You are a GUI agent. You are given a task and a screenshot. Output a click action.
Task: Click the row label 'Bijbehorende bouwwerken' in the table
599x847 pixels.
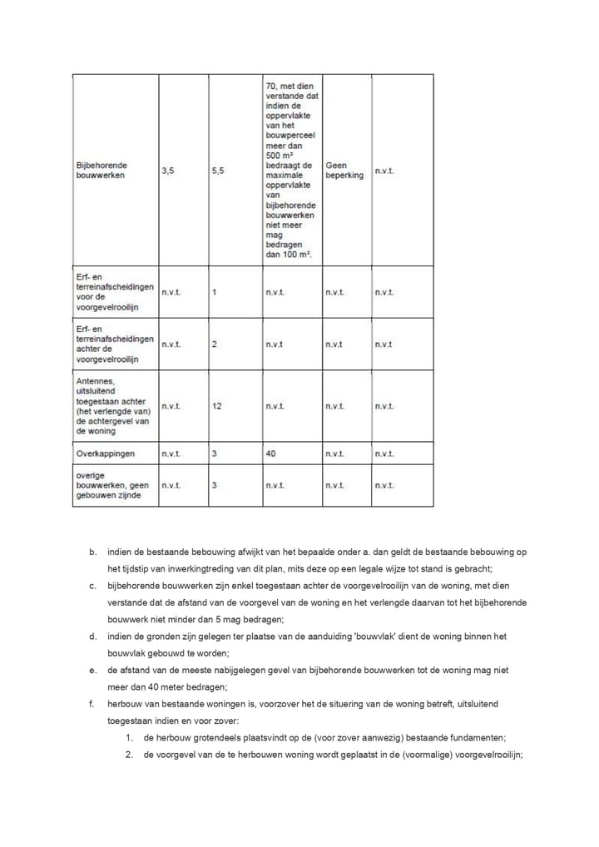[102, 171]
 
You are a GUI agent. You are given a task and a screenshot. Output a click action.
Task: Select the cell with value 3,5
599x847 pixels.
[168, 171]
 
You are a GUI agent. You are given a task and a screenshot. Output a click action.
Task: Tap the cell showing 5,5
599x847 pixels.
[218, 171]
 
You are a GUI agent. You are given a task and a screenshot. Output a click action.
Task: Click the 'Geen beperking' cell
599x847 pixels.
[344, 171]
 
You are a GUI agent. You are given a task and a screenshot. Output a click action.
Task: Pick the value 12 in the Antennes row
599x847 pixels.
[217, 406]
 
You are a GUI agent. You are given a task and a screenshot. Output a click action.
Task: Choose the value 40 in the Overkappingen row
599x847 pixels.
[271, 454]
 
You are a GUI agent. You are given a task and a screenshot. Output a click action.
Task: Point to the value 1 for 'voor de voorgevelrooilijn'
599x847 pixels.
[215, 293]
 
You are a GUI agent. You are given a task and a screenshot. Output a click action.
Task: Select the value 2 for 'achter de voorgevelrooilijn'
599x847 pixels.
[215, 344]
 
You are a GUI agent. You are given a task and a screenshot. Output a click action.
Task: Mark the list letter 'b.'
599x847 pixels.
[92, 552]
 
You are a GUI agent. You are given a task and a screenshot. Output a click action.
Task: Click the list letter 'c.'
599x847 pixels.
[92, 586]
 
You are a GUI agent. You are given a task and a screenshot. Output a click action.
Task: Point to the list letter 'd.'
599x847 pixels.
[92, 636]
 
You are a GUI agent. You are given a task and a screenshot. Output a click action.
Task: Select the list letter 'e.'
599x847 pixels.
[92, 671]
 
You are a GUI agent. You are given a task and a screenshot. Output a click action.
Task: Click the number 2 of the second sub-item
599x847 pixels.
[130, 755]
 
